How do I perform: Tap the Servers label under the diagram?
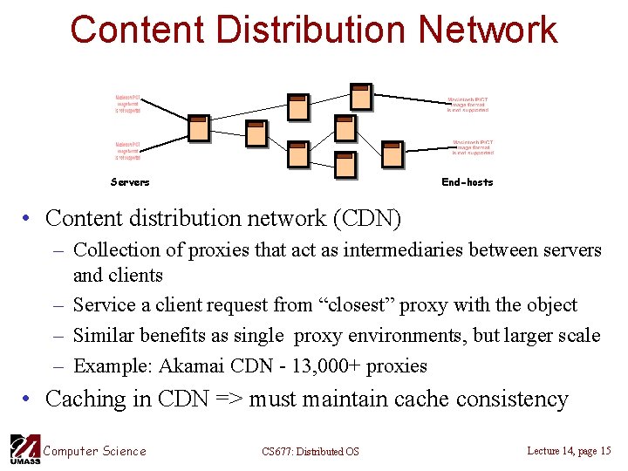click(130, 182)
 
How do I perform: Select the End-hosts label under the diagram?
click(468, 182)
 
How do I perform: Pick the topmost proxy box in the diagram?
click(360, 98)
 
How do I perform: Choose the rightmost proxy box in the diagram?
click(392, 154)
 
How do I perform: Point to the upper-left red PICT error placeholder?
click(128, 104)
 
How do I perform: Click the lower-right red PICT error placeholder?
click(473, 147)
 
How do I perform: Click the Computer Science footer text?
click(95, 451)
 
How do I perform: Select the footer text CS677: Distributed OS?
click(310, 452)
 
